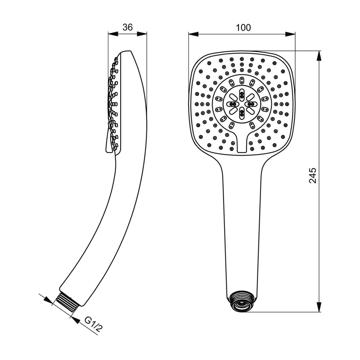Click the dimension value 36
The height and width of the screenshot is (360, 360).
click(x=127, y=27)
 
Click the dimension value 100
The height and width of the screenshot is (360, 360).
click(x=243, y=27)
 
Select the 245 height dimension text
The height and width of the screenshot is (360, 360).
click(x=312, y=175)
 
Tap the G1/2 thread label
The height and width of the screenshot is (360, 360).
click(x=93, y=324)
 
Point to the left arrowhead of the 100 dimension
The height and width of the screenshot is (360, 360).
click(x=193, y=34)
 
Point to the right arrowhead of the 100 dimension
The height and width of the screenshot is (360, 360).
click(x=290, y=34)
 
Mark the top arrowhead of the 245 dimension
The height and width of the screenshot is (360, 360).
click(x=319, y=56)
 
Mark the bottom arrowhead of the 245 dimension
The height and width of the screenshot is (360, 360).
click(x=319, y=307)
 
